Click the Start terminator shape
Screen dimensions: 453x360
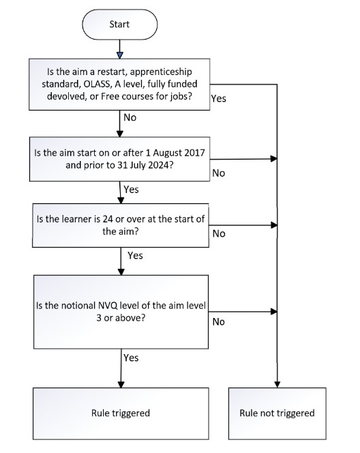click(x=120, y=25)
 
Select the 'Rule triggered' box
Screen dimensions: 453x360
click(x=120, y=413)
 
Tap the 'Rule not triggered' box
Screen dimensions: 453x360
click(x=277, y=413)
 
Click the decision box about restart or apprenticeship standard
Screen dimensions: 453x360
click(x=120, y=83)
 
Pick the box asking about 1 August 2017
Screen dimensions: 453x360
click(x=120, y=159)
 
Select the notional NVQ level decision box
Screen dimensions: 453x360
click(x=120, y=310)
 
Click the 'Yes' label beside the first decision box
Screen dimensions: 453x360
click(x=219, y=98)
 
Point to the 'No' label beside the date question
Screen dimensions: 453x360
click(x=219, y=173)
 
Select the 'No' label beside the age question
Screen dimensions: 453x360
click(x=219, y=233)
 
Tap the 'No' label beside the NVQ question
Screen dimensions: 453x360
click(x=219, y=321)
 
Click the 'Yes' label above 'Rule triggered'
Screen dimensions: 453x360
click(x=131, y=357)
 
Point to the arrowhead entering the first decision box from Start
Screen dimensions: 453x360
click(x=120, y=55)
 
